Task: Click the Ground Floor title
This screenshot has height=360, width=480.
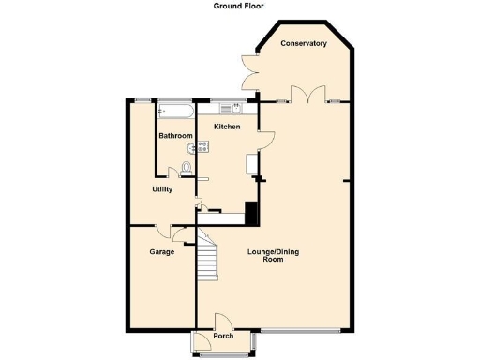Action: point(238,6)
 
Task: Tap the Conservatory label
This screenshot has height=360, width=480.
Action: point(304,43)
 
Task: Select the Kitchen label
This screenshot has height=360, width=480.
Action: point(227,127)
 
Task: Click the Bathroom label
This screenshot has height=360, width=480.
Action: point(175,136)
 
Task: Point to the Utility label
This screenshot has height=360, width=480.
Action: point(162,189)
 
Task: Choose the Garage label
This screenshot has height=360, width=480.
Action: point(162,251)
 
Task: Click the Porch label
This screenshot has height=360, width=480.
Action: point(223,336)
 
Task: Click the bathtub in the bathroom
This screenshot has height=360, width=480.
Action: point(176,111)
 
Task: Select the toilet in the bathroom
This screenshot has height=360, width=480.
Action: point(186,167)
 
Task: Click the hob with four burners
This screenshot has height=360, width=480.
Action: point(203,146)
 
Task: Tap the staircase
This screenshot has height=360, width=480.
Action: point(207,258)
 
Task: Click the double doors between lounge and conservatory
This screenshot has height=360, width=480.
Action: point(307,93)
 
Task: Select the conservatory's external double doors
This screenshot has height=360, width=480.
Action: point(250,70)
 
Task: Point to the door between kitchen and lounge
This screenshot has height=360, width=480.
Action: point(266,140)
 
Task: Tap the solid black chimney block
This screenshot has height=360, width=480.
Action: point(250,213)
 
